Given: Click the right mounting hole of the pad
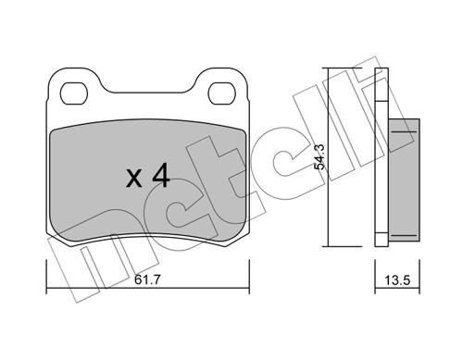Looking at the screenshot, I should tap(220, 93).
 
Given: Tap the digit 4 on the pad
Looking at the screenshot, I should tap(159, 176).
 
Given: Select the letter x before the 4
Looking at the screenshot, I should tap(133, 179).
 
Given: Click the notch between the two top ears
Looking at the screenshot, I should tap(146, 93).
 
